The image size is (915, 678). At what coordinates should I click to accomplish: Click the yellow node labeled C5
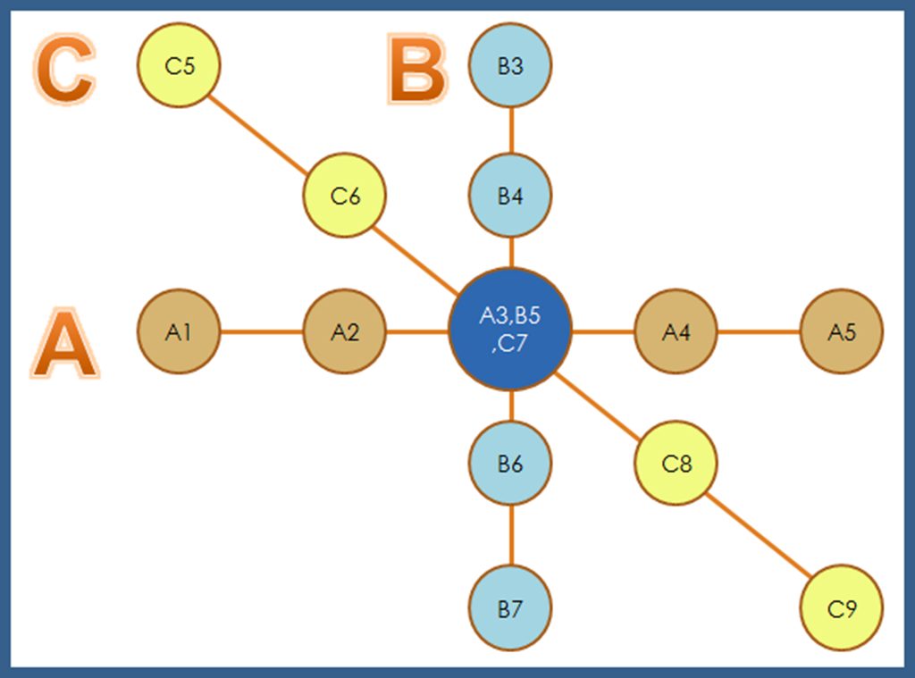coord(179,65)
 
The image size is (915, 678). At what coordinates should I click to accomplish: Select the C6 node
coord(345,197)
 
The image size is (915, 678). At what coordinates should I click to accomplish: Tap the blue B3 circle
coord(510,65)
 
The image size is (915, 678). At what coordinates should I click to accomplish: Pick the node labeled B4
coord(510,197)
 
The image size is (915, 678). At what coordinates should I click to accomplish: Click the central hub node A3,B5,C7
coord(510,329)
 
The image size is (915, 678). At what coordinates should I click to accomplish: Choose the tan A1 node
coord(179,331)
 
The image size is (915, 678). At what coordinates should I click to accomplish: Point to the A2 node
coord(345,331)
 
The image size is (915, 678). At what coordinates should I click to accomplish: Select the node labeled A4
coord(676,331)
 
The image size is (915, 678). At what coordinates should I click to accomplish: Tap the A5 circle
coord(842,331)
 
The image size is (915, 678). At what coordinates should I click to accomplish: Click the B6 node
coord(510,463)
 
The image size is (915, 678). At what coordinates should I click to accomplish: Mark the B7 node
coord(510,609)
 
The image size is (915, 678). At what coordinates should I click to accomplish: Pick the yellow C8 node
coord(676,463)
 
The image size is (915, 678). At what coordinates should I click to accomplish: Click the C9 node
coord(842,609)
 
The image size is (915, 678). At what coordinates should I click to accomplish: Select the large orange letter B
coord(417,70)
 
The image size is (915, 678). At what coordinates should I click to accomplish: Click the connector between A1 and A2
coord(262,331)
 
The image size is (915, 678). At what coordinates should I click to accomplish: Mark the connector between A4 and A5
coord(759,331)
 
